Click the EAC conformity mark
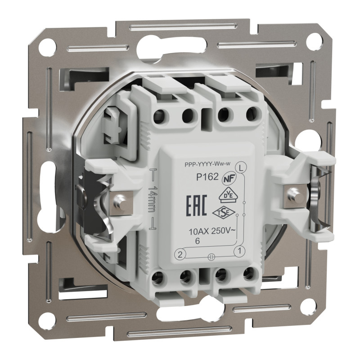[197, 207]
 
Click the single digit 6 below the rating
[197, 242]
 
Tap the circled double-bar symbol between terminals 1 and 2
[210, 257]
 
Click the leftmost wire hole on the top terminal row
[158, 118]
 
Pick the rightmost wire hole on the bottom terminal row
[247, 274]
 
